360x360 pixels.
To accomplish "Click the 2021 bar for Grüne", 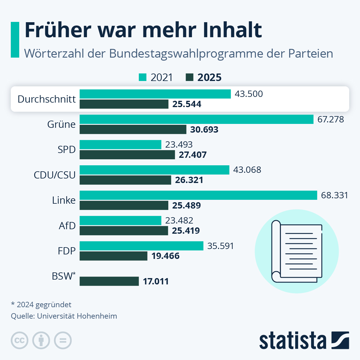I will coord(196,119).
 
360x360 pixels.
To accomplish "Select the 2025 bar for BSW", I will coord(109,281).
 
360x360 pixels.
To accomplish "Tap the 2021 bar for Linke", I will coord(198,195).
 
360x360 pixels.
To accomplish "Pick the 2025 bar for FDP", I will coord(113,256).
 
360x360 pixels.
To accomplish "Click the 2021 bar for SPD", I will coord(120,145).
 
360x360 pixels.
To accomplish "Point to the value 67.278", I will coord(331,119).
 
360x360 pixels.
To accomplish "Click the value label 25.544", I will coord(187,104).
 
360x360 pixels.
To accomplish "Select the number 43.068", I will coord(247,170).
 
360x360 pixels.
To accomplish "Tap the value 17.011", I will coord(156,281).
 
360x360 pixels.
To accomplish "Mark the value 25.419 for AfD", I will coord(186,231).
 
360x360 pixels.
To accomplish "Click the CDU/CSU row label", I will coord(55,175).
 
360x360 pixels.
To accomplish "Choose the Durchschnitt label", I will coord(46,99).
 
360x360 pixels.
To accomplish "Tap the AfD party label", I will coord(67,226).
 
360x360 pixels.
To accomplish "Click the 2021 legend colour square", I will coord(142,77).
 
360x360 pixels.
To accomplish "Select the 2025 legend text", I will coord(209,77).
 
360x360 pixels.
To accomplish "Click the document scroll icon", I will coord(296,251).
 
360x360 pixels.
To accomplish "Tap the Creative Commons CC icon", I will coord(19,340).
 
